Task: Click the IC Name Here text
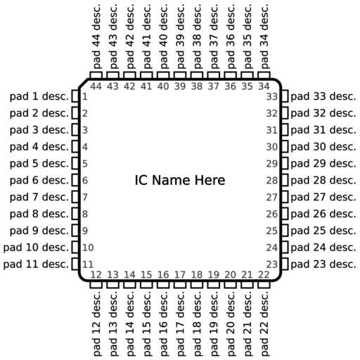pos(180,180)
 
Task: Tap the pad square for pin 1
pos(75,96)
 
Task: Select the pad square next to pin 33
pos(285,96)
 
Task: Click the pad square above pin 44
pos(96,75)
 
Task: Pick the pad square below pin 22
pos(264,285)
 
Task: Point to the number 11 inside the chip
pos(88,264)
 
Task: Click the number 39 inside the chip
pos(180,86)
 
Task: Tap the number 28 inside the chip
pos(272,181)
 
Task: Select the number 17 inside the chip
pos(180,275)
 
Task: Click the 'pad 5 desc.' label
pos(39,163)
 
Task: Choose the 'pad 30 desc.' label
pos(323,147)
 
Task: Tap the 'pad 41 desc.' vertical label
pos(146,37)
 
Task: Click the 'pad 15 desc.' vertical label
pos(146,323)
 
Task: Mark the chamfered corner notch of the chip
pos(83,84)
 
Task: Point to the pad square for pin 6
pos(75,180)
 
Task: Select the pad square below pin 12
pos(96,285)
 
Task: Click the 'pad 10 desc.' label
pos(36,247)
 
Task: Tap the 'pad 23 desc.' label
pos(323,264)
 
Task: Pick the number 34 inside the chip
pos(264,86)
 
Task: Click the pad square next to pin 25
pos(285,231)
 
